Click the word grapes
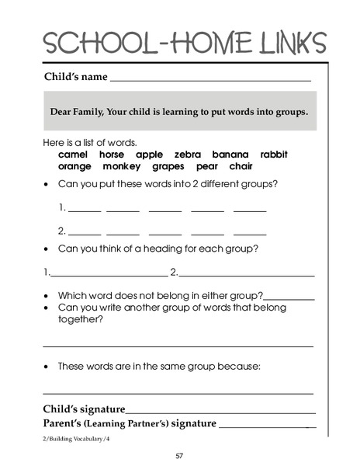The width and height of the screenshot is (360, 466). click(x=168, y=166)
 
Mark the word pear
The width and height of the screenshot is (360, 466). click(x=207, y=166)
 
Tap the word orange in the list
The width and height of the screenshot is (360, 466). click(x=74, y=166)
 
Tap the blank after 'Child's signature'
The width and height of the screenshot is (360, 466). click(x=220, y=412)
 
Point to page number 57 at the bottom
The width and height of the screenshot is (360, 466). click(x=179, y=456)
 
